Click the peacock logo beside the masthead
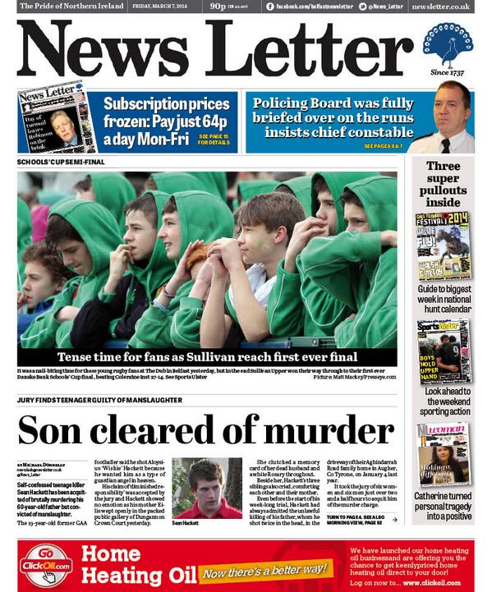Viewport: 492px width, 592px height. point(448,45)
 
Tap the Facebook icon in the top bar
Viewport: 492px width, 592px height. point(270,7)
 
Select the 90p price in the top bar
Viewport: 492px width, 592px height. point(218,7)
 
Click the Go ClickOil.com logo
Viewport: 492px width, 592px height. point(47,565)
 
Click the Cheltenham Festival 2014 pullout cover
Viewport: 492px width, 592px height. point(443,246)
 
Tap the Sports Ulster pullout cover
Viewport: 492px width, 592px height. point(443,351)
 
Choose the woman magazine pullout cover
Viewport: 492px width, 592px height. point(443,454)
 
